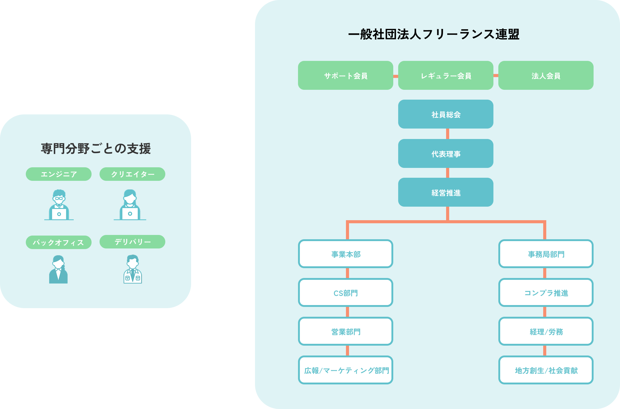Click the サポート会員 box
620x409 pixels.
coord(345,75)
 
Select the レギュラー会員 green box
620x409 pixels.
coord(445,75)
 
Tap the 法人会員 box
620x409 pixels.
coord(546,75)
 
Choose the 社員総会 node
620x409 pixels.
coord(445,114)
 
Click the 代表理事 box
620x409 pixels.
coord(445,153)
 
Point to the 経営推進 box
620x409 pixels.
coord(445,192)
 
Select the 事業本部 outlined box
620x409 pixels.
coord(345,254)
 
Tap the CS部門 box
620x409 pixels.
coord(345,292)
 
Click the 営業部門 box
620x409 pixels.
coord(345,331)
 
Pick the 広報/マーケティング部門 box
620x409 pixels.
coord(345,370)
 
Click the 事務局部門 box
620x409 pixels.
coord(546,254)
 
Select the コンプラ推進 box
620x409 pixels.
coord(546,292)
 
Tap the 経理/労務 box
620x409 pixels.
coord(546,331)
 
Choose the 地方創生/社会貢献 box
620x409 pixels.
coord(546,370)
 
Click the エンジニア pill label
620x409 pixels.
coord(59,174)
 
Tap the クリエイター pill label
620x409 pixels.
coord(132,174)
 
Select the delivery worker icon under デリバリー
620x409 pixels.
coord(133,269)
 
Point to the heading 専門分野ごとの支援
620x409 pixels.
coord(96,149)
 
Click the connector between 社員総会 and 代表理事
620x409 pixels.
coord(447,134)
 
